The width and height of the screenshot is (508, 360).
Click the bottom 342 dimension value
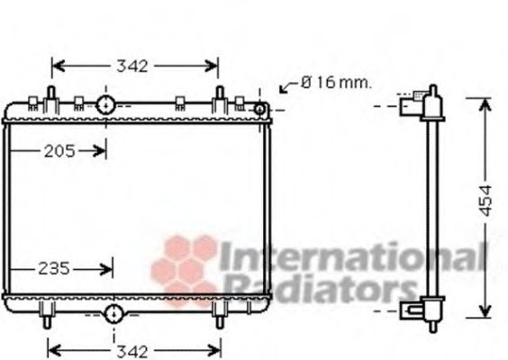click(133, 349)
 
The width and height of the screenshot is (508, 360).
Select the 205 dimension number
click(59, 151)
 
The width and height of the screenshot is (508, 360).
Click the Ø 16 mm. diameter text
click(336, 83)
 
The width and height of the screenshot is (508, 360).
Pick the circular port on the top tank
click(106, 105)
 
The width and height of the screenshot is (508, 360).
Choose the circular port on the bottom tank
click(113, 313)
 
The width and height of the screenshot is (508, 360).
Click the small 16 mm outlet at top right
click(260, 109)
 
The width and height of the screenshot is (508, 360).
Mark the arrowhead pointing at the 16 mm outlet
click(284, 89)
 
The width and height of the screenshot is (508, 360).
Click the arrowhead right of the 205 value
click(102, 151)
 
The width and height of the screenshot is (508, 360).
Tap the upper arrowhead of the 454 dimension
click(485, 98)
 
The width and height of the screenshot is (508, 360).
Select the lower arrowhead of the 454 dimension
click(485, 314)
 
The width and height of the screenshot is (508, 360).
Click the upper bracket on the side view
click(414, 105)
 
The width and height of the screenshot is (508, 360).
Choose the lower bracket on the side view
click(414, 311)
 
